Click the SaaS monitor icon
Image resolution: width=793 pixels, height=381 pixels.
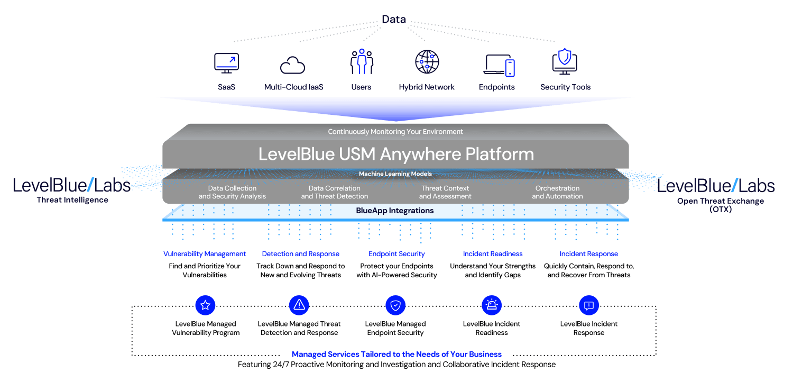pos(226,63)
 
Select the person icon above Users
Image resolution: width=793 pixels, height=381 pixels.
pos(362,62)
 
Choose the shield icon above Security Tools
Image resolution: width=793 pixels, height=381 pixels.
pos(565,60)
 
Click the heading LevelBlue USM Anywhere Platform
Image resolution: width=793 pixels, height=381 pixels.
pos(396,154)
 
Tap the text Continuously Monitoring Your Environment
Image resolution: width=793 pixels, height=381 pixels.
pos(395,132)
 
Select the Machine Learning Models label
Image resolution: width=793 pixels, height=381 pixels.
pos(395,174)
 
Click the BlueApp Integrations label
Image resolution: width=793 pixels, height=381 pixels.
pos(395,211)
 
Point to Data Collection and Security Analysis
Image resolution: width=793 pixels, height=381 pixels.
pos(232,192)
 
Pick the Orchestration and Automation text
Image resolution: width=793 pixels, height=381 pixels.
pos(557,192)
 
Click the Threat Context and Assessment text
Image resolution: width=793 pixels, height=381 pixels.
pos(445,192)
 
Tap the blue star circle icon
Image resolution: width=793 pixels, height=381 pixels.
pos(205,305)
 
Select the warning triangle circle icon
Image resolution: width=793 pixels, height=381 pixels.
pos(299,305)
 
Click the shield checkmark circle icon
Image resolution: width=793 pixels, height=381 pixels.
pos(395,305)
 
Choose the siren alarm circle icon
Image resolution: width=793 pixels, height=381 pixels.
pos(492,305)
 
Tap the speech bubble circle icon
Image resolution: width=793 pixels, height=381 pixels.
pos(589,305)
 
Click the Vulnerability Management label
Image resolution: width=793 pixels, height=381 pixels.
pos(205,254)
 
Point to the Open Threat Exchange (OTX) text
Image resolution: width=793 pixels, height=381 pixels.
pos(720,205)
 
